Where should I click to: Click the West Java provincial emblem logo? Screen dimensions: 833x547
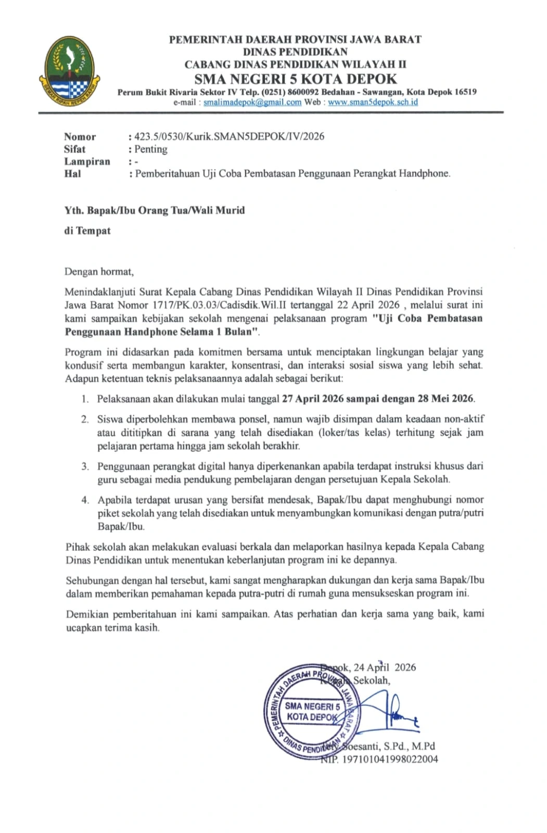click(x=69, y=70)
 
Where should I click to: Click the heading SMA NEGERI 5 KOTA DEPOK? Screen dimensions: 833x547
click(x=295, y=79)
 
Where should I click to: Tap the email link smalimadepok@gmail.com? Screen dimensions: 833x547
click(x=252, y=102)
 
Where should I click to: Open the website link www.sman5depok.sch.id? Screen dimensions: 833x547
click(x=373, y=102)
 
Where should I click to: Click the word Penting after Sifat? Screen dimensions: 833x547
click(x=151, y=149)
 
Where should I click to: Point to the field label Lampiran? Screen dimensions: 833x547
click(x=87, y=161)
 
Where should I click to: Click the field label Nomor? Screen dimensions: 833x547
click(x=80, y=136)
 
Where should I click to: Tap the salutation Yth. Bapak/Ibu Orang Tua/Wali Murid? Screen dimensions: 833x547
click(x=155, y=210)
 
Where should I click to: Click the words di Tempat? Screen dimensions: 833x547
click(x=87, y=231)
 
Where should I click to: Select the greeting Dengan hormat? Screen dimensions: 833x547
click(x=99, y=271)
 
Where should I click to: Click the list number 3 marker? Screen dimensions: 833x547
click(x=85, y=466)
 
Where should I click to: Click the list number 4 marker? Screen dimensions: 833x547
click(x=85, y=500)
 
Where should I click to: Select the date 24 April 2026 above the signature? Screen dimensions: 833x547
click(x=384, y=667)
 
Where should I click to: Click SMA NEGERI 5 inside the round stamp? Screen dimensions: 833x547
click(x=312, y=706)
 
